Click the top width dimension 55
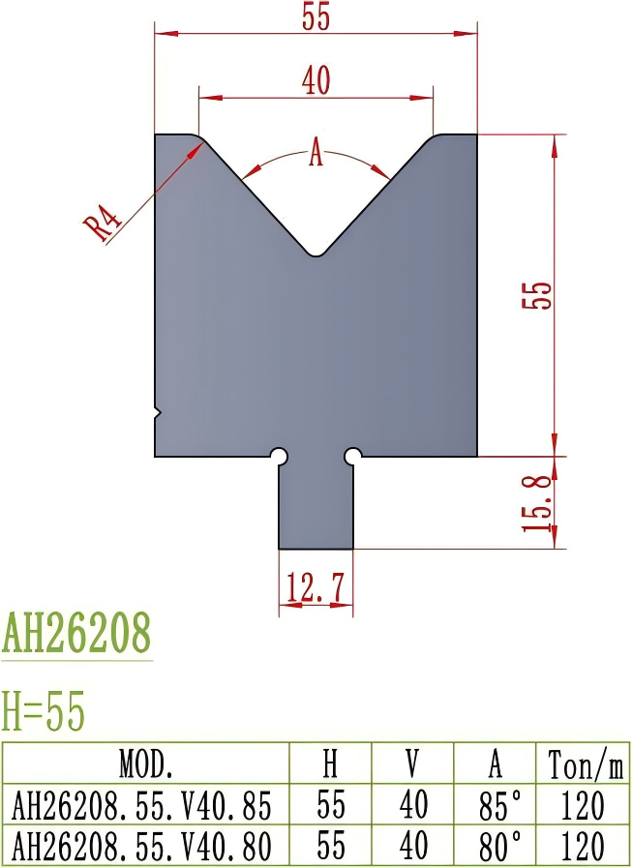(316, 18)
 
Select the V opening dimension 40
(316, 82)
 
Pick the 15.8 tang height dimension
(541, 502)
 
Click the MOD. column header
(146, 764)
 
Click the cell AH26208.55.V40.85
(146, 805)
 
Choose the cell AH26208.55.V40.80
(146, 846)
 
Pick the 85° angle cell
(495, 805)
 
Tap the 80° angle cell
(495, 846)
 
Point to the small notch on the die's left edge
(158, 413)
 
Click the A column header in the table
(495, 764)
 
